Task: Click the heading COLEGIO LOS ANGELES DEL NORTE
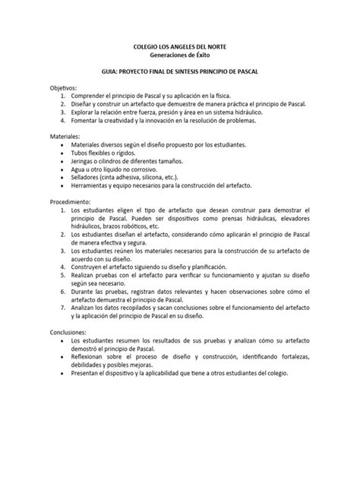[179, 47]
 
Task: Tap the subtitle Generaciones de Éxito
[179, 55]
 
